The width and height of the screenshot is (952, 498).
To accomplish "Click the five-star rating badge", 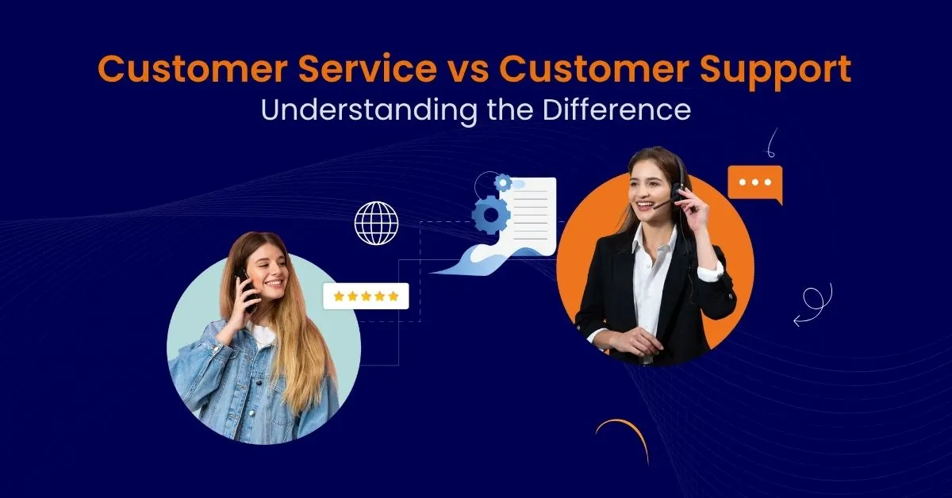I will click(366, 296).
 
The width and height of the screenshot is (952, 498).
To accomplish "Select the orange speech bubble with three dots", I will click(754, 183).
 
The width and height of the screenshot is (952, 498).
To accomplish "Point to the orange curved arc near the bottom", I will click(624, 438).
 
